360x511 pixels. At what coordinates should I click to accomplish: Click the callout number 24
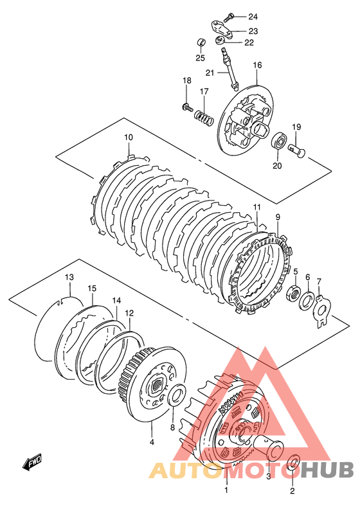253,17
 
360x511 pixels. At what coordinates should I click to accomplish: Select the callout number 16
257,65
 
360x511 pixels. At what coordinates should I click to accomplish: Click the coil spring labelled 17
204,118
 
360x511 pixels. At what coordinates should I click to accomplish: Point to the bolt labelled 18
186,107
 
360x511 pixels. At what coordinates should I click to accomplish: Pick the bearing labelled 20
279,141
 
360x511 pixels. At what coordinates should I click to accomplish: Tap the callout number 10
129,137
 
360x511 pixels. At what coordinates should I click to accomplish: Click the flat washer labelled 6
307,300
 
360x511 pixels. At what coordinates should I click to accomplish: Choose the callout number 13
69,277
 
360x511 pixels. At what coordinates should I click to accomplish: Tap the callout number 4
152,442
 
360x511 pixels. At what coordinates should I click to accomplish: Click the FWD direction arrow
32,462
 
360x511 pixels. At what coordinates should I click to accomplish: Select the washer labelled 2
292,463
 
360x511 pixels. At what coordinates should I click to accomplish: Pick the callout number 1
226,490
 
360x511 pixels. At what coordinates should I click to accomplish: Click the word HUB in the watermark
328,470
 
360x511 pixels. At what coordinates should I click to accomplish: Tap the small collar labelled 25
201,42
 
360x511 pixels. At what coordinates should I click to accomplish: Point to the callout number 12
129,313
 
